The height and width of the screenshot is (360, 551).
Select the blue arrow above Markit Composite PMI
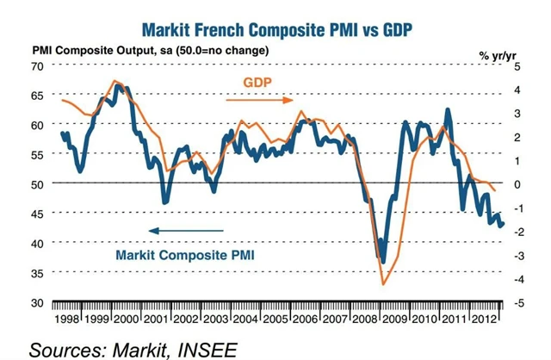pos(185,230)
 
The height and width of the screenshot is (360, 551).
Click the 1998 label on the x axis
pos(69,320)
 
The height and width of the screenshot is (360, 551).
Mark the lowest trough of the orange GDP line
pos(383,283)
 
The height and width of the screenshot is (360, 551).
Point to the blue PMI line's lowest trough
pos(383,260)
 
